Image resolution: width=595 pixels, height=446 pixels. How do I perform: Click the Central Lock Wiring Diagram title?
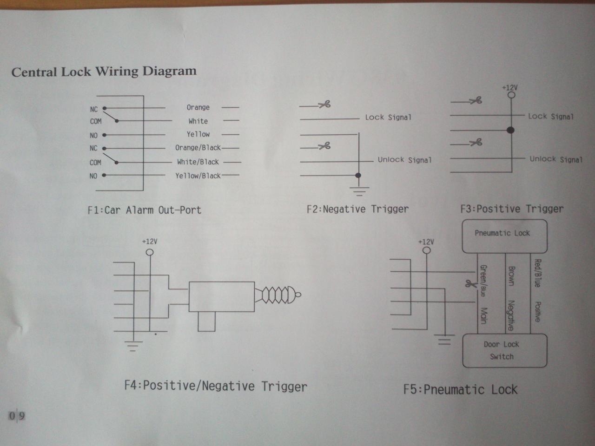104,72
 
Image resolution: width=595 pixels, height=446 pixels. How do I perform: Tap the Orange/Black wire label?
198,148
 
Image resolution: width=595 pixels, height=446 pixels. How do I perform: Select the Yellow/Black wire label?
198,176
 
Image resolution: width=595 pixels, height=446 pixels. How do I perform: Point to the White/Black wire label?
198,162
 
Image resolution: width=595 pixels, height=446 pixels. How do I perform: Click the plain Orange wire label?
198,107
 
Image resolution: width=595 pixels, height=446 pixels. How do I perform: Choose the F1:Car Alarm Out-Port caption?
145,210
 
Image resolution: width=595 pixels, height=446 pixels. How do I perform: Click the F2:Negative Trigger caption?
357,210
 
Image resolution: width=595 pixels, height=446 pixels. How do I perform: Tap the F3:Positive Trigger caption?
512,209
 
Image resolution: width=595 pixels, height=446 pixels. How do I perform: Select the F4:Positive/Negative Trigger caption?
216,386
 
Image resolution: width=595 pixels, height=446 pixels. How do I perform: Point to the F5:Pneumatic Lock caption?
460,390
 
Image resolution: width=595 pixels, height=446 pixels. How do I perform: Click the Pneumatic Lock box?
504,236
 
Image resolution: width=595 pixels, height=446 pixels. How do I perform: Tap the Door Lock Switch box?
504,351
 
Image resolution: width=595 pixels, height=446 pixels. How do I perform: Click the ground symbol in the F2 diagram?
359,191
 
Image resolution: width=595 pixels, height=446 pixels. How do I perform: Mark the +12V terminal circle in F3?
511,95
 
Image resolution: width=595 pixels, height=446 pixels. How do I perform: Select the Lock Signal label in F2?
388,118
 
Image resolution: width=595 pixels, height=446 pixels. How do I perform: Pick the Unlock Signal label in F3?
556,159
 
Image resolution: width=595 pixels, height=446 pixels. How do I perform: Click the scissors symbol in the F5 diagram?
471,283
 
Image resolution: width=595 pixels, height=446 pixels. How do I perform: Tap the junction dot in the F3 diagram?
511,130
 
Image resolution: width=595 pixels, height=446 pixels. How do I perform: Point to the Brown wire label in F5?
511,276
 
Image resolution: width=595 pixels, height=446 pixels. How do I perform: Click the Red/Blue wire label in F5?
537,273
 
